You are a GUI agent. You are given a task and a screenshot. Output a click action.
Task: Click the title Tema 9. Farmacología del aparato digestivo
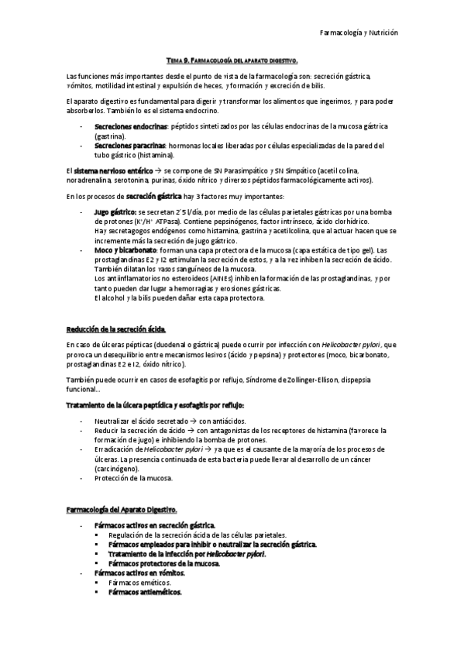coord(232,60)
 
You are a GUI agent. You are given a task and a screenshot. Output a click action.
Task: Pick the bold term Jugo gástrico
coord(115,212)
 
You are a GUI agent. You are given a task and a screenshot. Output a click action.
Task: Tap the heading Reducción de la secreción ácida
coord(116,328)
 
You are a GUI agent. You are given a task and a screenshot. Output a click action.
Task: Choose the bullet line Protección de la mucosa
coord(133,478)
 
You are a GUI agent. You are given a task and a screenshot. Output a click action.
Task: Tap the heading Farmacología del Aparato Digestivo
coord(122,510)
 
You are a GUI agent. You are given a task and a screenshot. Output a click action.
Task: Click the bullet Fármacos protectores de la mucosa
coord(164,563)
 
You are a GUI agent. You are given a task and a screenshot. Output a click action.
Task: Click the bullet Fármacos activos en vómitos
coord(139,573)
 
